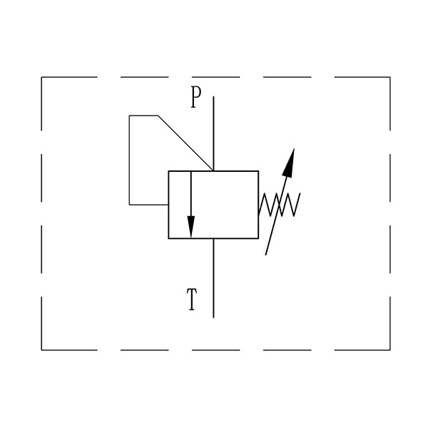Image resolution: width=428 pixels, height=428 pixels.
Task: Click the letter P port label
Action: [195, 97]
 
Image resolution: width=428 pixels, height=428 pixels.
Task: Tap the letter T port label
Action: [192, 300]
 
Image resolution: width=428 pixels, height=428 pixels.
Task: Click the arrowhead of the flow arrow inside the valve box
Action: [190, 227]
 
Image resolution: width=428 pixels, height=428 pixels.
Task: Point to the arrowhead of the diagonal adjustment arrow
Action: [289, 162]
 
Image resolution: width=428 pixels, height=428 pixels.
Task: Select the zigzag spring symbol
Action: [279, 205]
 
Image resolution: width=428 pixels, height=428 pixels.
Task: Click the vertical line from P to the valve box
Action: [213, 134]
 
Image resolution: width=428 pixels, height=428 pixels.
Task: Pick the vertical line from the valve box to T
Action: [213, 278]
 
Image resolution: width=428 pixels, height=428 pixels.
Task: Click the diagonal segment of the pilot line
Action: [185, 143]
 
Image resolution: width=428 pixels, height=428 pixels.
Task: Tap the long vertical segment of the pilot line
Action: [129, 160]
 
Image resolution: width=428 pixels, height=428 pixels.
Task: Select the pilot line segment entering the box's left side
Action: [149, 205]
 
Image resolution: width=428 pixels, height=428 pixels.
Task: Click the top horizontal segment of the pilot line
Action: [144, 116]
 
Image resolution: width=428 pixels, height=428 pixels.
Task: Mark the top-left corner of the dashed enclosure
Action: [41, 77]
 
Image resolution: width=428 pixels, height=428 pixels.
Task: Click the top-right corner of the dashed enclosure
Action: [390, 77]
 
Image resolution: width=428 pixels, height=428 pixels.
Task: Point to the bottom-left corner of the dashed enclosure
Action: [41, 350]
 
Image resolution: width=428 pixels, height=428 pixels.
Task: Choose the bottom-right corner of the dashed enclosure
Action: [390, 350]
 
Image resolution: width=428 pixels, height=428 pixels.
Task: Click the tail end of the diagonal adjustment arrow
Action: [265, 255]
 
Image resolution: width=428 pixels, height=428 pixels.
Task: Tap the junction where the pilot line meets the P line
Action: [213, 171]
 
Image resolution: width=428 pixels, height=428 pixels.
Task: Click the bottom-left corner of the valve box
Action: [168, 238]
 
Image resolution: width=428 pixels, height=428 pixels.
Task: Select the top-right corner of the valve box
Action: [258, 171]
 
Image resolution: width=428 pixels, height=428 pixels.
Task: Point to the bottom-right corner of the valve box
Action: [258, 238]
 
